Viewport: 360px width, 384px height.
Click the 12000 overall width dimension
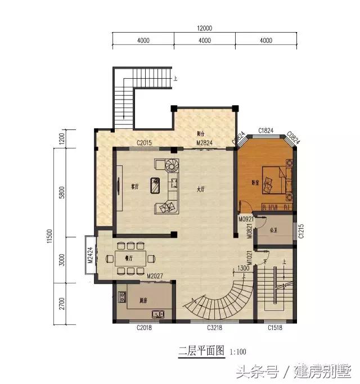pyautogui.click(x=204, y=29)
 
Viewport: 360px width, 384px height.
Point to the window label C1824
pyautogui.click(x=265, y=130)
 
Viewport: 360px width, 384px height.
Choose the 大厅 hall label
pyautogui.click(x=201, y=189)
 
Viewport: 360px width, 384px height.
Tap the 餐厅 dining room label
pyautogui.click(x=127, y=259)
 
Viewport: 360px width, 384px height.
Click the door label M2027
pyautogui.click(x=155, y=276)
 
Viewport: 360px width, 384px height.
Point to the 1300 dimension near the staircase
pyautogui.click(x=243, y=268)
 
